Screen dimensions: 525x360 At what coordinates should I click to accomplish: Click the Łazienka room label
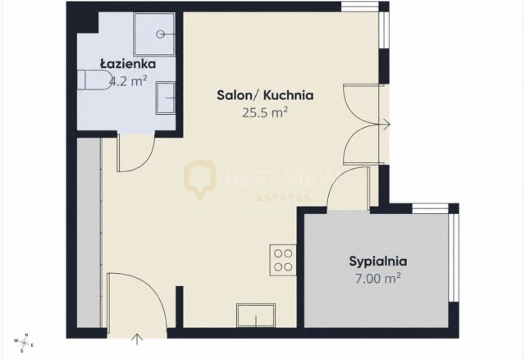point(128,64)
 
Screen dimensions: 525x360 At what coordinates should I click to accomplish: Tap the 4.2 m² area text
point(128,81)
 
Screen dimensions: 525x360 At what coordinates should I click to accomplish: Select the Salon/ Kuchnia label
point(265,95)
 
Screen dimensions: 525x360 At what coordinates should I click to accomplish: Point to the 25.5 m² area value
point(265,112)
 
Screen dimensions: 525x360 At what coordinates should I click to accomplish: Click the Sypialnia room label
point(378,262)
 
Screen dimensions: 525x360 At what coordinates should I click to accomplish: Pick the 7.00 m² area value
point(378,278)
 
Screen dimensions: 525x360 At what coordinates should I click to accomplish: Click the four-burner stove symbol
point(283,260)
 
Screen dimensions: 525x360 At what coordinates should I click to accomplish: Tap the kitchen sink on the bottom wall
point(256,315)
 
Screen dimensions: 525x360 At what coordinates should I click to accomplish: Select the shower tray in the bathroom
point(154,34)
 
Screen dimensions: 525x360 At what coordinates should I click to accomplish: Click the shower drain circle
point(161,34)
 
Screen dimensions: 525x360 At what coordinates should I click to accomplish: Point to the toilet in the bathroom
point(95,80)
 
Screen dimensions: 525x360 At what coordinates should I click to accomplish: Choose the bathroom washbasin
point(166,98)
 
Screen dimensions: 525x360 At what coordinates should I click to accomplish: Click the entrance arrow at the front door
point(137,339)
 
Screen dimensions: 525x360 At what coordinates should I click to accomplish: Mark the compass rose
point(24,343)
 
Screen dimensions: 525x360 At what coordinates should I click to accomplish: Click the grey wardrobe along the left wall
point(89,233)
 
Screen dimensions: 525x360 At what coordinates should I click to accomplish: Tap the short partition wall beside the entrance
point(180,307)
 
